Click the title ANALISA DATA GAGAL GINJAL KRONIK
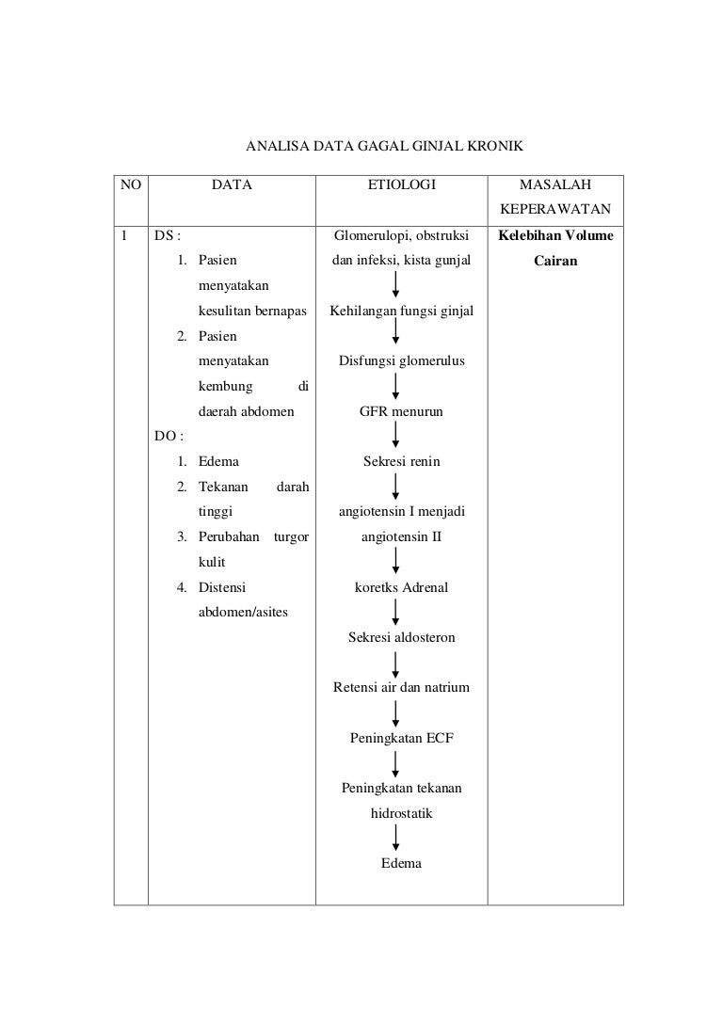384,146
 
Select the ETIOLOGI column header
401,184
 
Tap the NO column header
131,184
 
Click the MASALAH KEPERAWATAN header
555,197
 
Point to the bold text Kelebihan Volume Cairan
555,248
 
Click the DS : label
167,235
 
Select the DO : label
169,436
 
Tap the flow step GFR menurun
401,411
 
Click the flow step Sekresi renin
401,461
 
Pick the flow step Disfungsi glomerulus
401,360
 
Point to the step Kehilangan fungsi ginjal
401,312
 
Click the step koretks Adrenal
401,587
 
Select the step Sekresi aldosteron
401,637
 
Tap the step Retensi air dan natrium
401,687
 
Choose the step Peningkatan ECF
401,738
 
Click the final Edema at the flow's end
401,863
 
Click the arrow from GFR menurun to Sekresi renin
395,435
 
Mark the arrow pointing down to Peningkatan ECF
395,713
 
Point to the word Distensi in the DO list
222,587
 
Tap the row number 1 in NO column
124,235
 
